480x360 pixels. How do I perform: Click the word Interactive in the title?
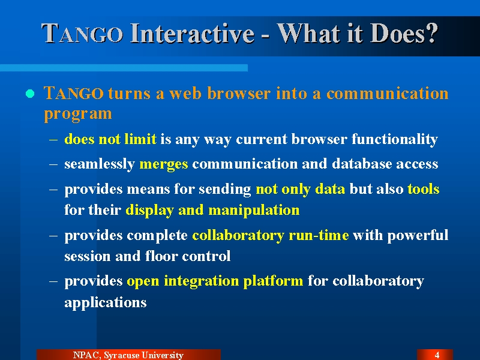[192, 34]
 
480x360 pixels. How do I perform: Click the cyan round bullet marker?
[30, 94]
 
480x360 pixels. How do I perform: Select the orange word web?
[185, 93]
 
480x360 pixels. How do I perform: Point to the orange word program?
[78, 114]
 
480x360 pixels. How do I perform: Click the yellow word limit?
[140, 139]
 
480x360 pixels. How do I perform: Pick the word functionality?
[395, 140]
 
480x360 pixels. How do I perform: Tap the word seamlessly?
[100, 164]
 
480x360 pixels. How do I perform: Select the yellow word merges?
[163, 164]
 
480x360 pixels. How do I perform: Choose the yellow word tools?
[424, 189]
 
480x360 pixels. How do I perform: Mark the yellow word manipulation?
[254, 211]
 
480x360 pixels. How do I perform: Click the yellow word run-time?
[319, 235]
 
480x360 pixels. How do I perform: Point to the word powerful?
[418, 236]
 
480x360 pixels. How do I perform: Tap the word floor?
[161, 256]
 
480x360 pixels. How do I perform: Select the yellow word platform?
[273, 281]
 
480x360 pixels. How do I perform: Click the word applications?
[106, 303]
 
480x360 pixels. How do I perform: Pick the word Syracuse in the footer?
[121, 355]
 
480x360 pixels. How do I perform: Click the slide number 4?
[437, 355]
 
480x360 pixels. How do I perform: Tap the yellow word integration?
[201, 281]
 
